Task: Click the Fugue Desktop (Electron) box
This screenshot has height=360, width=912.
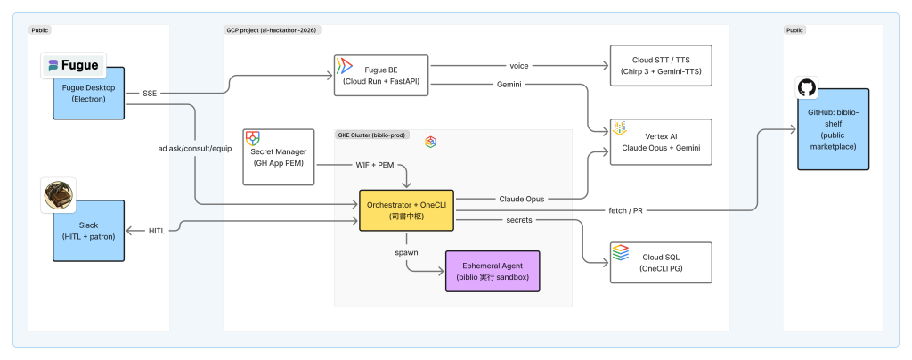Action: [x=88, y=93]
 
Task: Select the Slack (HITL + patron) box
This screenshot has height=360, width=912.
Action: [x=88, y=230]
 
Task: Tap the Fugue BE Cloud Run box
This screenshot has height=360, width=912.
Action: [x=381, y=75]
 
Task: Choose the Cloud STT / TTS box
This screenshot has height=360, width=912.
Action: [x=661, y=66]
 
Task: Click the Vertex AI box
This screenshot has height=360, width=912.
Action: [x=661, y=142]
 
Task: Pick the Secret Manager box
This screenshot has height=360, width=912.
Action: [x=279, y=157]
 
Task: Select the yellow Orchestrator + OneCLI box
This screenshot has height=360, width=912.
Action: [x=406, y=210]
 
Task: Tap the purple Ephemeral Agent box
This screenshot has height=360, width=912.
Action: [x=493, y=271]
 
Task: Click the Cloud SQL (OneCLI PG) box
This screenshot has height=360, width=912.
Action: [x=661, y=263]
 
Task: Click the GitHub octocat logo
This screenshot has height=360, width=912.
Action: [x=807, y=88]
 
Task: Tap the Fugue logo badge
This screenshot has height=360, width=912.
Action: [x=74, y=65]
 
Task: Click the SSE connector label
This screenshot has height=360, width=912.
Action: [x=150, y=94]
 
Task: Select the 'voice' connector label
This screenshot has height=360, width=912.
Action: [x=519, y=66]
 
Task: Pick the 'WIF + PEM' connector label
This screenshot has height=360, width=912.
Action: [x=375, y=165]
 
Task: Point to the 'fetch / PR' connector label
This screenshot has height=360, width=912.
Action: [x=626, y=210]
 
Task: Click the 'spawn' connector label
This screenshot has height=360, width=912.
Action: [x=406, y=253]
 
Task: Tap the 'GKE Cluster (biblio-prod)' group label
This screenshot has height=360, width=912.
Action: [x=373, y=135]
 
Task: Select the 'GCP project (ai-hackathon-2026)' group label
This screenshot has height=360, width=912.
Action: [x=273, y=29]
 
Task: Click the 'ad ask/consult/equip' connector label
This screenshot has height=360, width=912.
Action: [x=195, y=149]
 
